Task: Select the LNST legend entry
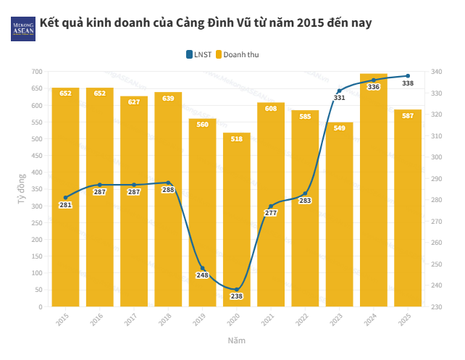[199, 54]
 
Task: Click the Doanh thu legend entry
[237, 54]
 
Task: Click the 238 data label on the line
[236, 296]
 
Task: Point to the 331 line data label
[339, 98]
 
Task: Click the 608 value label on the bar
[270, 109]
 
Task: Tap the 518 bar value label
[236, 139]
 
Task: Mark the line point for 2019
[202, 269]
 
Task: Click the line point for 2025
[408, 76]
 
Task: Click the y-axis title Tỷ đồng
[21, 188]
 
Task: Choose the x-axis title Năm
[236, 340]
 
